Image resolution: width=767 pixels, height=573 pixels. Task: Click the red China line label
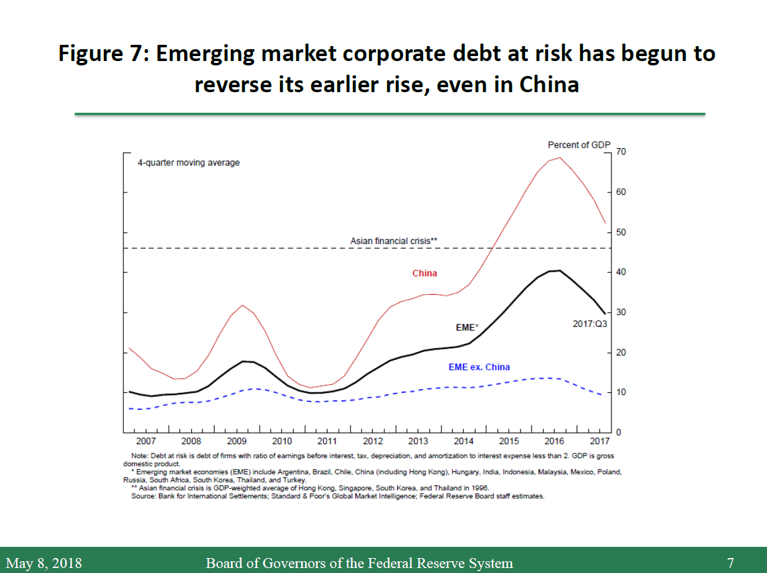pyautogui.click(x=425, y=273)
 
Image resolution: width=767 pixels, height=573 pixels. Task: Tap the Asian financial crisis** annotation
pyautogui.click(x=390, y=240)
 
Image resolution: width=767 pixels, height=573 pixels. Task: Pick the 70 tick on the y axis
pyautogui.click(x=621, y=152)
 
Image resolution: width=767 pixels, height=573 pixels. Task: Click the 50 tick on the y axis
pyautogui.click(x=621, y=232)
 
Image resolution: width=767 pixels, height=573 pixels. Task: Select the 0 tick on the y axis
pyautogui.click(x=619, y=432)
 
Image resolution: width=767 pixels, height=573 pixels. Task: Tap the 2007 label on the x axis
pyautogui.click(x=146, y=442)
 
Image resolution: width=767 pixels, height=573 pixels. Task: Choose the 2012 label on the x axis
pyautogui.click(x=372, y=442)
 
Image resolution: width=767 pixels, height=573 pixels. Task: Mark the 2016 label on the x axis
pyautogui.click(x=554, y=442)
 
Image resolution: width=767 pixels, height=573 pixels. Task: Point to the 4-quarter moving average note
pyautogui.click(x=189, y=163)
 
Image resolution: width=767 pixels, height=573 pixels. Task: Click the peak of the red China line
pyautogui.click(x=560, y=158)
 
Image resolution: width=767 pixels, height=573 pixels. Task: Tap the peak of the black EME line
pyautogui.click(x=559, y=270)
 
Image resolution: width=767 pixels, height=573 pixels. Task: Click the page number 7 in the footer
pyautogui.click(x=730, y=564)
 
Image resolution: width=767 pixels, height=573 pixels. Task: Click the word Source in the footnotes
pyautogui.click(x=142, y=496)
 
